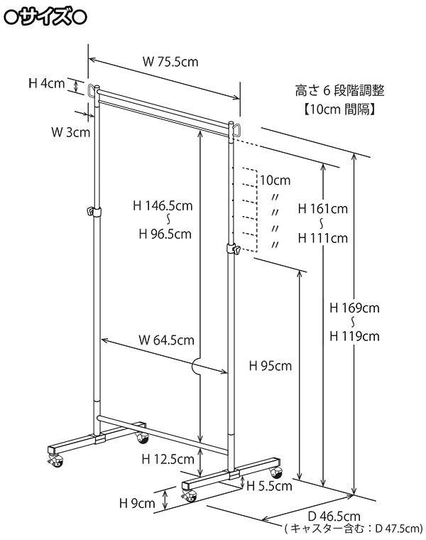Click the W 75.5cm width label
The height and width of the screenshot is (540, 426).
[170, 62]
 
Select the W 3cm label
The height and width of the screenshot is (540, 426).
[70, 132]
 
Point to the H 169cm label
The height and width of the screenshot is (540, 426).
[355, 308]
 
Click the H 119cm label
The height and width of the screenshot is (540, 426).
[355, 336]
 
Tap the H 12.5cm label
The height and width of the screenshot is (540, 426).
[168, 459]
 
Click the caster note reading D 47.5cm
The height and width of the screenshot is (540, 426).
[353, 529]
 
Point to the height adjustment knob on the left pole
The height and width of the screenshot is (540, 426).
[92, 211]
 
